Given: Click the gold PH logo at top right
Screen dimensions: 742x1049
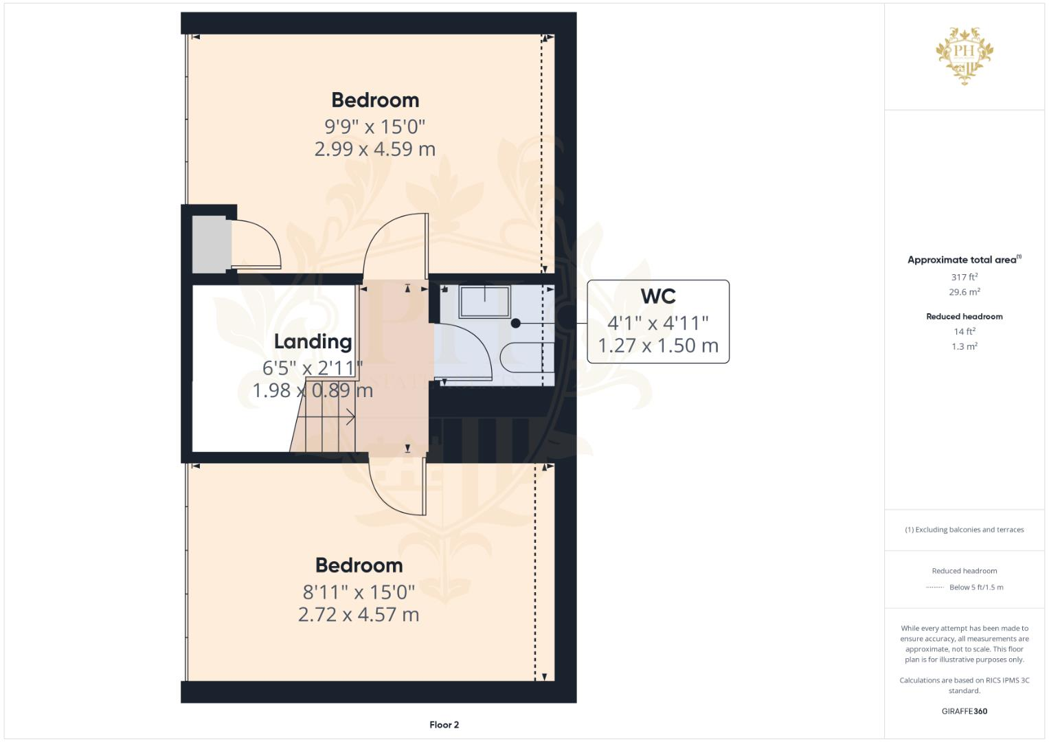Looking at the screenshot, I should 965,55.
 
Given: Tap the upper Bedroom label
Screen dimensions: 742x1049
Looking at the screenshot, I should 375,100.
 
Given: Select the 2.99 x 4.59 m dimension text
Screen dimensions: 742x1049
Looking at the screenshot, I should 375,149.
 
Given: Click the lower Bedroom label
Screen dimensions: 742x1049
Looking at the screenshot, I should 359,565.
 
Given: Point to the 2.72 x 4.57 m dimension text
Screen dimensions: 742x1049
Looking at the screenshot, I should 359,614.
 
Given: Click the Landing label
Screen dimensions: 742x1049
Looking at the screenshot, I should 313,341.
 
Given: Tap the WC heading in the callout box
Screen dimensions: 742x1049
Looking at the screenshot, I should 658,296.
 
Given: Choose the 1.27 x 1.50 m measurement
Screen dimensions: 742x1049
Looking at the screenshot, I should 658,346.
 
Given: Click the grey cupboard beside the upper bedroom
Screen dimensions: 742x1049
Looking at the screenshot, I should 211,245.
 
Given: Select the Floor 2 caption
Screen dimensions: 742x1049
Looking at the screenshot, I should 444,725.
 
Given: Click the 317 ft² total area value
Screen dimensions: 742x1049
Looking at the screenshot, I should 965,277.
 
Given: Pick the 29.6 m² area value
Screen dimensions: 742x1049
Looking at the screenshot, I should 965,292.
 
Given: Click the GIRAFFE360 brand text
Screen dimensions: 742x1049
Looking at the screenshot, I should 965,711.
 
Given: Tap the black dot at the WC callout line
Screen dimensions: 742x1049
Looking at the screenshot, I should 515,323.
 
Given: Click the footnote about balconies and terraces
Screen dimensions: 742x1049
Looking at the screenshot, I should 965,530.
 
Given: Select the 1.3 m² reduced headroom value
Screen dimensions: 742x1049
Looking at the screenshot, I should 965,347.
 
